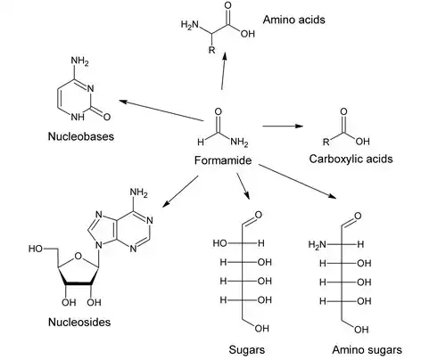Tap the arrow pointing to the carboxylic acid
click(284, 127)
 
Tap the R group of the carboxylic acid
click(327, 142)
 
